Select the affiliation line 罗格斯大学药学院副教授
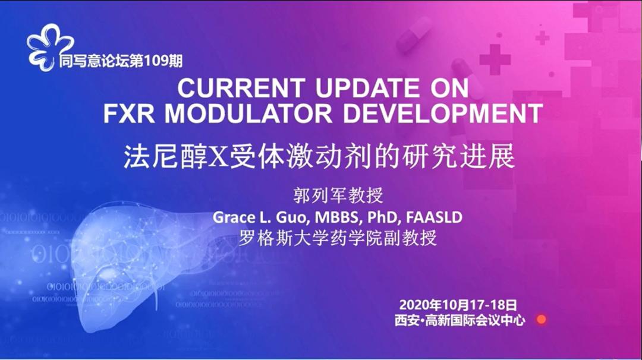[337, 238]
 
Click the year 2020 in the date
[414, 305]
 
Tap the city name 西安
[407, 321]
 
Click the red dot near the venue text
[540, 320]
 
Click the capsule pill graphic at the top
[414, 33]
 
